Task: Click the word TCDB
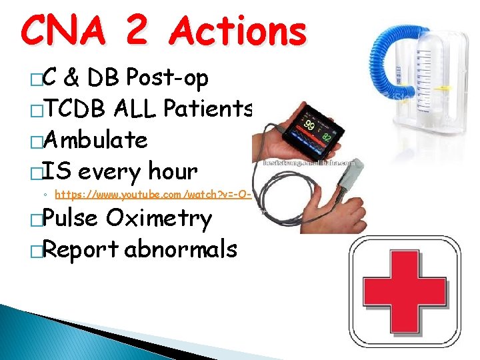[81, 110]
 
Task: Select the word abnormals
[181, 249]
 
